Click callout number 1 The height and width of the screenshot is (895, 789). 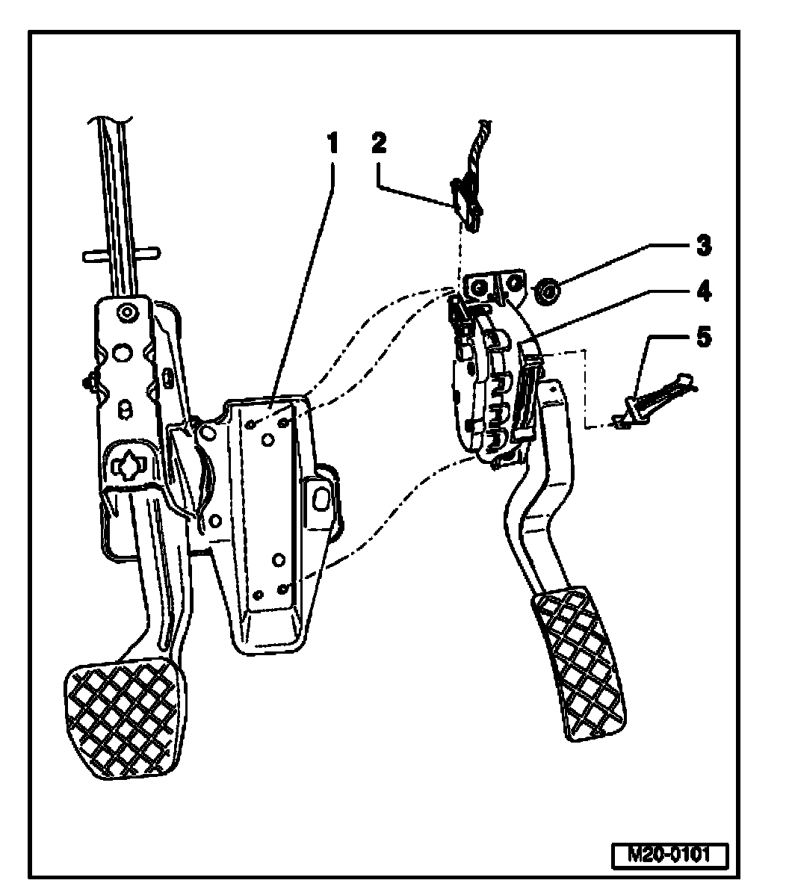click(x=331, y=143)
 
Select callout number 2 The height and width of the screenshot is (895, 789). click(x=380, y=143)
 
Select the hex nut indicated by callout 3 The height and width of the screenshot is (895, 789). click(x=548, y=291)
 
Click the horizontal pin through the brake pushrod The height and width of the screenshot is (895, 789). click(x=120, y=255)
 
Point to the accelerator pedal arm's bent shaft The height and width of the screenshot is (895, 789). click(x=538, y=508)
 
